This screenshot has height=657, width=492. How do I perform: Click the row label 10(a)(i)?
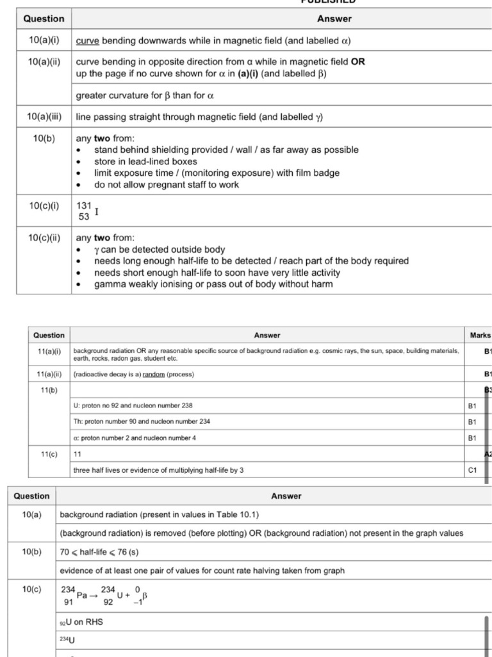(x=44, y=40)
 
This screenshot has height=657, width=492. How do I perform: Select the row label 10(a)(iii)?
(x=44, y=117)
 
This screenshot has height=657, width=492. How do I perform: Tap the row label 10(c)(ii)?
(x=44, y=237)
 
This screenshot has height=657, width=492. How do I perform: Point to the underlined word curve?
(x=88, y=40)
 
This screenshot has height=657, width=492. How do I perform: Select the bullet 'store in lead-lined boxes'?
(x=145, y=162)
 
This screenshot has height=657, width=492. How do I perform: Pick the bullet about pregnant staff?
(x=167, y=185)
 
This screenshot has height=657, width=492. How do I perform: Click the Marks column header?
(x=480, y=335)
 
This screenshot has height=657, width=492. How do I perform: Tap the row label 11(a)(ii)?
(x=49, y=374)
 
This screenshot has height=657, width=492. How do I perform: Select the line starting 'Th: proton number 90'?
(x=142, y=422)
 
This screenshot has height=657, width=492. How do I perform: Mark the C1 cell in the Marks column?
(x=473, y=470)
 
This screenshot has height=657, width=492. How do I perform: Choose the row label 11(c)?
(x=49, y=454)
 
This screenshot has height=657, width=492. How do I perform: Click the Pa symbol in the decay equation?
(x=82, y=595)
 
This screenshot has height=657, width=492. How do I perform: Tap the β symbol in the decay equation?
(x=145, y=595)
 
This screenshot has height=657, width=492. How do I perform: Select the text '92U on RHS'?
(x=81, y=622)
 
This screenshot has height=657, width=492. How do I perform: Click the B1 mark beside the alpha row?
(x=473, y=438)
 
